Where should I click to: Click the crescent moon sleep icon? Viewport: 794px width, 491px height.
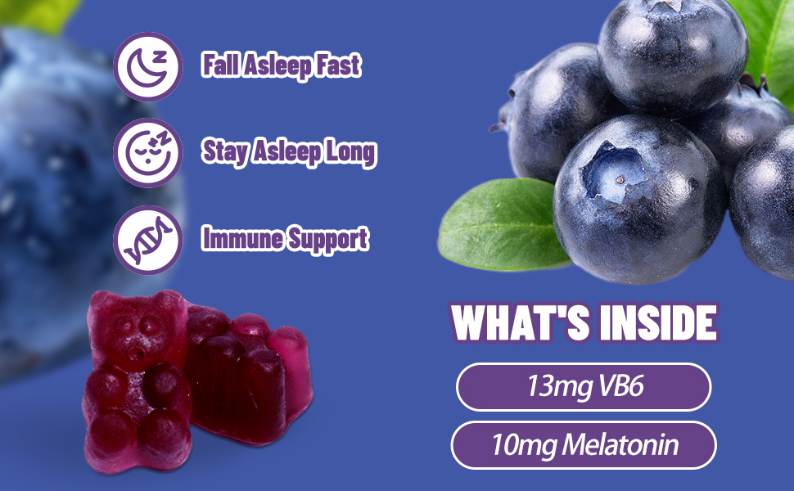[148, 66]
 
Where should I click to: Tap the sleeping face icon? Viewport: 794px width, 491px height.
[148, 153]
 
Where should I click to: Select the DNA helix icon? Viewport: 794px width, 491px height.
[148, 240]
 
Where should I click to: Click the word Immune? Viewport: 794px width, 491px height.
[242, 239]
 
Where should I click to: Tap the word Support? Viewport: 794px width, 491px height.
[327, 241]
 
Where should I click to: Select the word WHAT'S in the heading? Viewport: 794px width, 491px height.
[521, 322]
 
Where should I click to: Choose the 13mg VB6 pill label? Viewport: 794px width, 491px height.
[584, 387]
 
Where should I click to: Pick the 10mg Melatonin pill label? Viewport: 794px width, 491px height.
[584, 445]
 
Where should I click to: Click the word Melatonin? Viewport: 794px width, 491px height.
[620, 444]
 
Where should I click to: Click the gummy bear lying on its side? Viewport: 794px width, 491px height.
[247, 375]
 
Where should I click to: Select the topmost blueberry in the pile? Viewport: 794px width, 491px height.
[673, 55]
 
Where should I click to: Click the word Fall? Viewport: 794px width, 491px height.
[220, 65]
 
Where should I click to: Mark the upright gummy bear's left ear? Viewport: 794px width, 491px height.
[101, 303]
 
